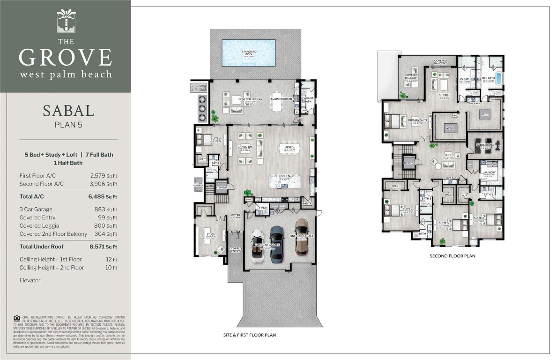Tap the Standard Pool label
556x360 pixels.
point(248,52)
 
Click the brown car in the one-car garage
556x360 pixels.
point(303,241)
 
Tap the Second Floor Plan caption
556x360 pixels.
point(452,256)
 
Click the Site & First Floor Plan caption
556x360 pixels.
point(249,335)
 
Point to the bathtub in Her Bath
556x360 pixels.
point(498,78)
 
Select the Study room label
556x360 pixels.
point(211,234)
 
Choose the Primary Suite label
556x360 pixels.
point(417,120)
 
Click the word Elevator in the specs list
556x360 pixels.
point(30,280)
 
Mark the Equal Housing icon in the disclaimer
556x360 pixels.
point(17,317)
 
